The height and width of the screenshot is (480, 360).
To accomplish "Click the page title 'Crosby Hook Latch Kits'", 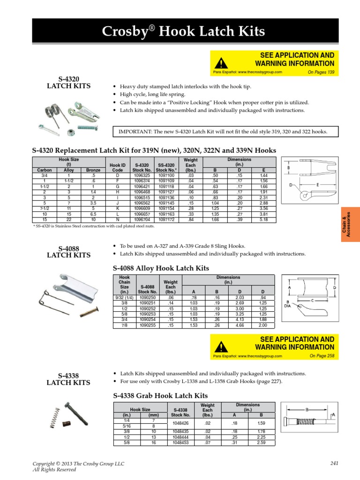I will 184,32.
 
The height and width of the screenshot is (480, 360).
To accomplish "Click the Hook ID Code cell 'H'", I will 117,192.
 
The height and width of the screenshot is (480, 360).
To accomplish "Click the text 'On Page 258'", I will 322,356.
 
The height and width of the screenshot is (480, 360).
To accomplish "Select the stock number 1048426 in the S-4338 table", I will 180,423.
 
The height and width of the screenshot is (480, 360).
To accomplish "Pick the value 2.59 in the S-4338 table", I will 261,442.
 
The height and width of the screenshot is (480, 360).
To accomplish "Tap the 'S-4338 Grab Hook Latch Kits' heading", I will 160,395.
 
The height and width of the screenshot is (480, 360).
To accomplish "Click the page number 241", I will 334,463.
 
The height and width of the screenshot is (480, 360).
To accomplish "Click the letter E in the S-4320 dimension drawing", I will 317,185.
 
